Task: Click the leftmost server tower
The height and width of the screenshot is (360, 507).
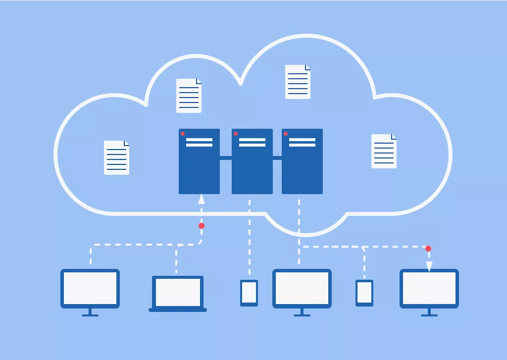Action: (199, 161)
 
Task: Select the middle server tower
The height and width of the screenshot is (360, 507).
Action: (252, 161)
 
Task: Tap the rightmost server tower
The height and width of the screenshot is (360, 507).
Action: (302, 161)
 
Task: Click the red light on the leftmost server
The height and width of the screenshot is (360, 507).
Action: (183, 134)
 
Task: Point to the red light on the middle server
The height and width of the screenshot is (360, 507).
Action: (236, 134)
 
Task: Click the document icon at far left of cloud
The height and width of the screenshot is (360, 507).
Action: (116, 157)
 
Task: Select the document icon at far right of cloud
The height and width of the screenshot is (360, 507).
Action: (384, 151)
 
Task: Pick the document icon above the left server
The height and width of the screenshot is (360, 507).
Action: (189, 96)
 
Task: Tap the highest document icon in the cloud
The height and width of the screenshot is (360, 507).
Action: (298, 82)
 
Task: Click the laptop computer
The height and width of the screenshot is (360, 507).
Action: (178, 294)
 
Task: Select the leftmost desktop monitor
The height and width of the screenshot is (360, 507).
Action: (90, 289)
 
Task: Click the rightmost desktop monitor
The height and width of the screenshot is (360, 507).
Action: (429, 289)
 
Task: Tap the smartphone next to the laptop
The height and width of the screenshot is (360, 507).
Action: (249, 293)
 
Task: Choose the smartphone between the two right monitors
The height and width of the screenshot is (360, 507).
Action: (364, 293)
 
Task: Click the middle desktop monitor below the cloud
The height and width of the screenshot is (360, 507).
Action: (302, 289)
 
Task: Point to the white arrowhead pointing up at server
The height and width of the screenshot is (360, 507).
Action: (201, 199)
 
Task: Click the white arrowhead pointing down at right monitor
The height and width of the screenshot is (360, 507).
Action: (429, 266)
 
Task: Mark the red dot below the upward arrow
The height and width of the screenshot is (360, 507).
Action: (202, 226)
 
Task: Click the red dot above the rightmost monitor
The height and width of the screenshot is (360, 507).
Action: (428, 249)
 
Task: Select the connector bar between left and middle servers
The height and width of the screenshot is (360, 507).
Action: (226, 158)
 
